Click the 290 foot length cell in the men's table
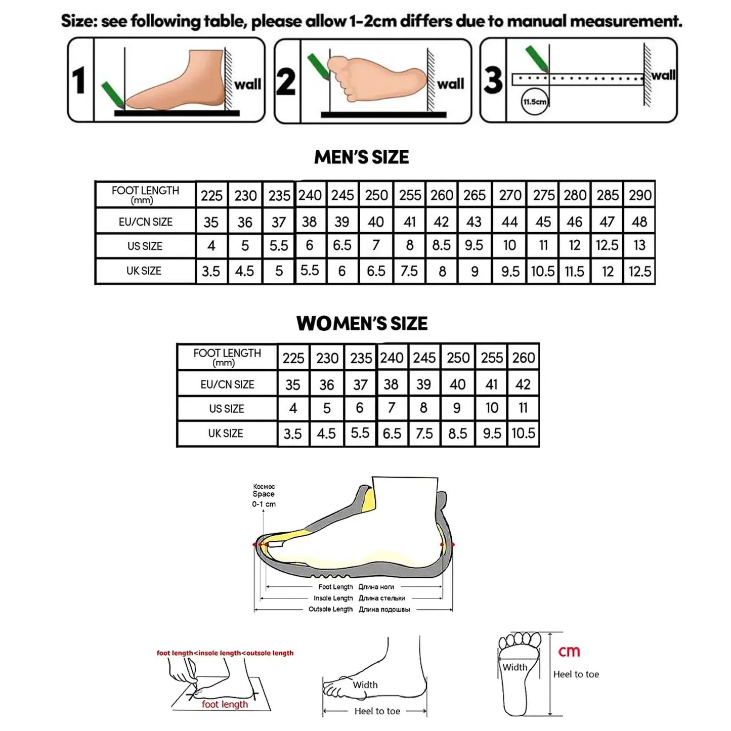click(x=640, y=195)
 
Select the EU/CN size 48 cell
click(x=639, y=222)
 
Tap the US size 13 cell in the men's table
click(x=639, y=245)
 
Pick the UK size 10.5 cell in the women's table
click(x=523, y=433)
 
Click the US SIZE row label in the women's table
click(x=227, y=409)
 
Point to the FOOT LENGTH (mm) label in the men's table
click(x=145, y=194)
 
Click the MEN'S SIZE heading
click(x=361, y=157)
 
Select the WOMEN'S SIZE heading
click(x=362, y=323)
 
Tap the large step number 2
click(x=286, y=82)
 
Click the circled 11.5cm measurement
click(x=534, y=102)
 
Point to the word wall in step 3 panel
click(x=663, y=75)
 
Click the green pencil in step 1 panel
click(x=113, y=95)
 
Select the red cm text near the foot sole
click(x=569, y=652)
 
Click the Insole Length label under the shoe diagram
click(x=333, y=598)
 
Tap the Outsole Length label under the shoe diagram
click(x=330, y=609)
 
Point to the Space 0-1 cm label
click(x=264, y=498)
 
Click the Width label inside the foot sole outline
click(x=514, y=667)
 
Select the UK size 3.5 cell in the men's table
click(x=211, y=272)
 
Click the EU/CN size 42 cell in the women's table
click(x=523, y=384)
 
